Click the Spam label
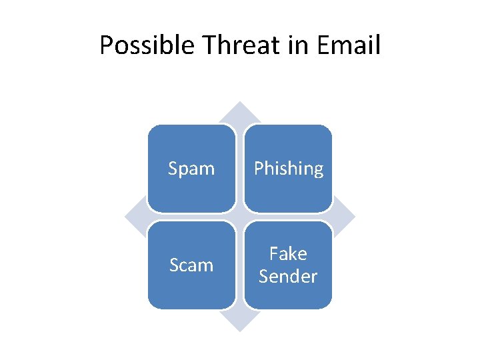tap(191, 169)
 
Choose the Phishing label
tap(289, 169)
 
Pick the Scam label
tap(191, 265)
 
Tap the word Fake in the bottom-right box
tap(288, 254)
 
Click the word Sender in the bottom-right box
tap(288, 276)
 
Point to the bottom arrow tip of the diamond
tap(240, 329)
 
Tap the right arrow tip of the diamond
tap(352, 217)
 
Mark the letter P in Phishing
tap(259, 169)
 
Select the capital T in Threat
tap(209, 46)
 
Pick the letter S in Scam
tap(174, 265)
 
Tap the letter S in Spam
tap(173, 169)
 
